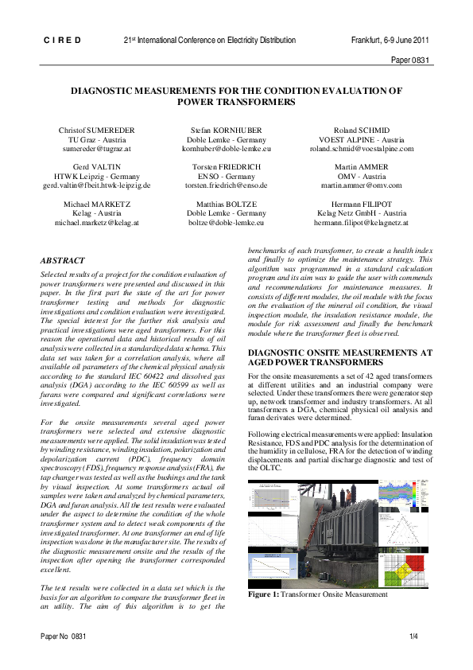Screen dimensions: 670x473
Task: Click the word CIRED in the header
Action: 62,40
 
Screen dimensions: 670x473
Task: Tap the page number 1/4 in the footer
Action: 413,637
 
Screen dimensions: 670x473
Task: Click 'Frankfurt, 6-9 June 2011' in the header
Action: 390,40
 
